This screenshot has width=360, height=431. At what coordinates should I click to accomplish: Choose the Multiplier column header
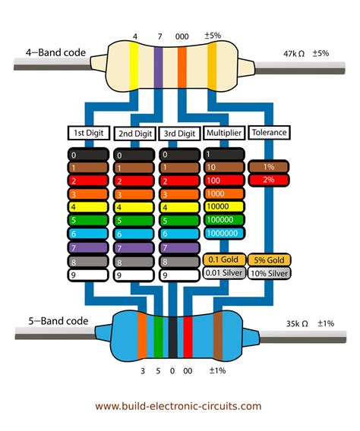(x=223, y=133)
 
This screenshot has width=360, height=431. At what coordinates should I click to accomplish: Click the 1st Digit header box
(x=88, y=133)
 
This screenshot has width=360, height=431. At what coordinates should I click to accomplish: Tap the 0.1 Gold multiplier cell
(x=223, y=260)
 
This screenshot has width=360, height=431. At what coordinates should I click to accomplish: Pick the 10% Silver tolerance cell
(x=269, y=273)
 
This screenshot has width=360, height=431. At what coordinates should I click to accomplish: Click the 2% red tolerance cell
(x=269, y=180)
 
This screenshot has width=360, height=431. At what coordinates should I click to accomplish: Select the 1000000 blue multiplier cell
(x=223, y=232)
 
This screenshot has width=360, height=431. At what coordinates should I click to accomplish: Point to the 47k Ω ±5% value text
(x=305, y=53)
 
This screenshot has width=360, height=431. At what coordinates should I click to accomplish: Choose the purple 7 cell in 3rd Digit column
(x=179, y=247)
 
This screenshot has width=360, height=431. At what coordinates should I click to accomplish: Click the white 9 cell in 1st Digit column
(x=88, y=275)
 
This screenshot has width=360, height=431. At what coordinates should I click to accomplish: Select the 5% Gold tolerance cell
(x=269, y=260)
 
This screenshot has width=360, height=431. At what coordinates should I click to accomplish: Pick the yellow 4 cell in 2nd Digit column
(x=134, y=206)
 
